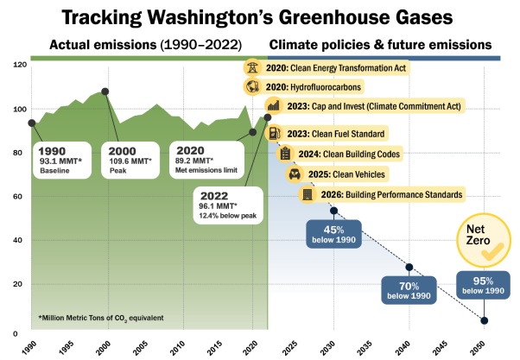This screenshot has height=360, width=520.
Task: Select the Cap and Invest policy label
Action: coord(353,107)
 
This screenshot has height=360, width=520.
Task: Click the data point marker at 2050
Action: coord(484,321)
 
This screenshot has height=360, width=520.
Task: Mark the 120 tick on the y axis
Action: coord(18,65)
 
